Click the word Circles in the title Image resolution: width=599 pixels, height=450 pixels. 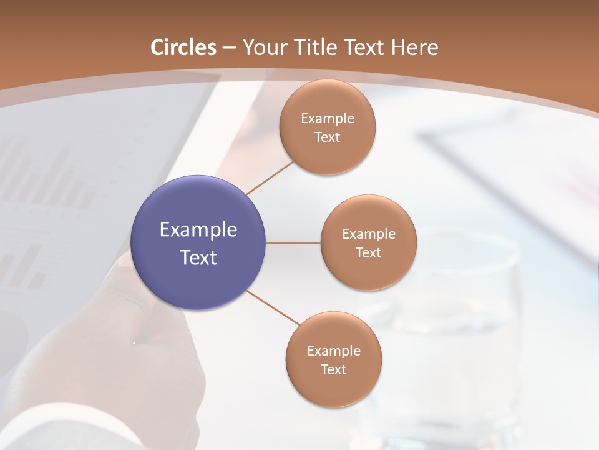click(x=184, y=47)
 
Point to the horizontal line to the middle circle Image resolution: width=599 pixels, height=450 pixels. click(x=293, y=242)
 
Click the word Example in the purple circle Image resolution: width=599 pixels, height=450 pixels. click(x=198, y=230)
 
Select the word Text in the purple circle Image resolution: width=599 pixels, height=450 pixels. click(x=198, y=257)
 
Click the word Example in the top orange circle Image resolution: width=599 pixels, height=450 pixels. click(x=328, y=119)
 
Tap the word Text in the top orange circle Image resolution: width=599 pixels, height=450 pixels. click(x=328, y=137)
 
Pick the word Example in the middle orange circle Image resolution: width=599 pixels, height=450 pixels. click(x=369, y=234)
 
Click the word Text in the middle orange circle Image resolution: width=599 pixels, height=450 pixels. click(x=369, y=253)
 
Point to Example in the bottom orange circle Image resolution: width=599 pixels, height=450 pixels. click(x=334, y=351)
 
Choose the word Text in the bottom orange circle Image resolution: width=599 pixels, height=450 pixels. click(x=334, y=370)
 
